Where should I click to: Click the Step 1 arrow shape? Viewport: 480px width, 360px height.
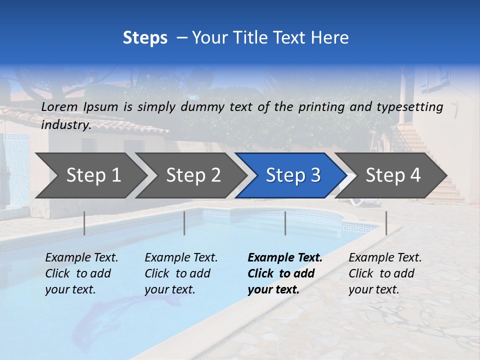click(x=90, y=175)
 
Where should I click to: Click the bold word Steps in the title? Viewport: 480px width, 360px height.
click(x=145, y=38)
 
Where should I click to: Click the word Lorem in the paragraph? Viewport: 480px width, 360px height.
click(x=59, y=106)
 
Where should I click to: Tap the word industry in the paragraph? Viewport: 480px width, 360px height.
click(x=65, y=125)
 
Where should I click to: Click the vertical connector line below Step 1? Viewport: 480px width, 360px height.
click(x=84, y=223)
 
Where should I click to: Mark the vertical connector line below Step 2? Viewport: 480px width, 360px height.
click(x=184, y=223)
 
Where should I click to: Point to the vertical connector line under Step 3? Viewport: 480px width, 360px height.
click(x=285, y=223)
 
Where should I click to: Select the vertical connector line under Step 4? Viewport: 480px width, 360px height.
click(x=386, y=223)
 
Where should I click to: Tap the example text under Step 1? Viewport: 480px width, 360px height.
click(x=81, y=273)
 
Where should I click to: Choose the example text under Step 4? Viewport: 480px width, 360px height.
click(x=385, y=273)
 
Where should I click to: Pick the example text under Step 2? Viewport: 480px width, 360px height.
click(x=181, y=273)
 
